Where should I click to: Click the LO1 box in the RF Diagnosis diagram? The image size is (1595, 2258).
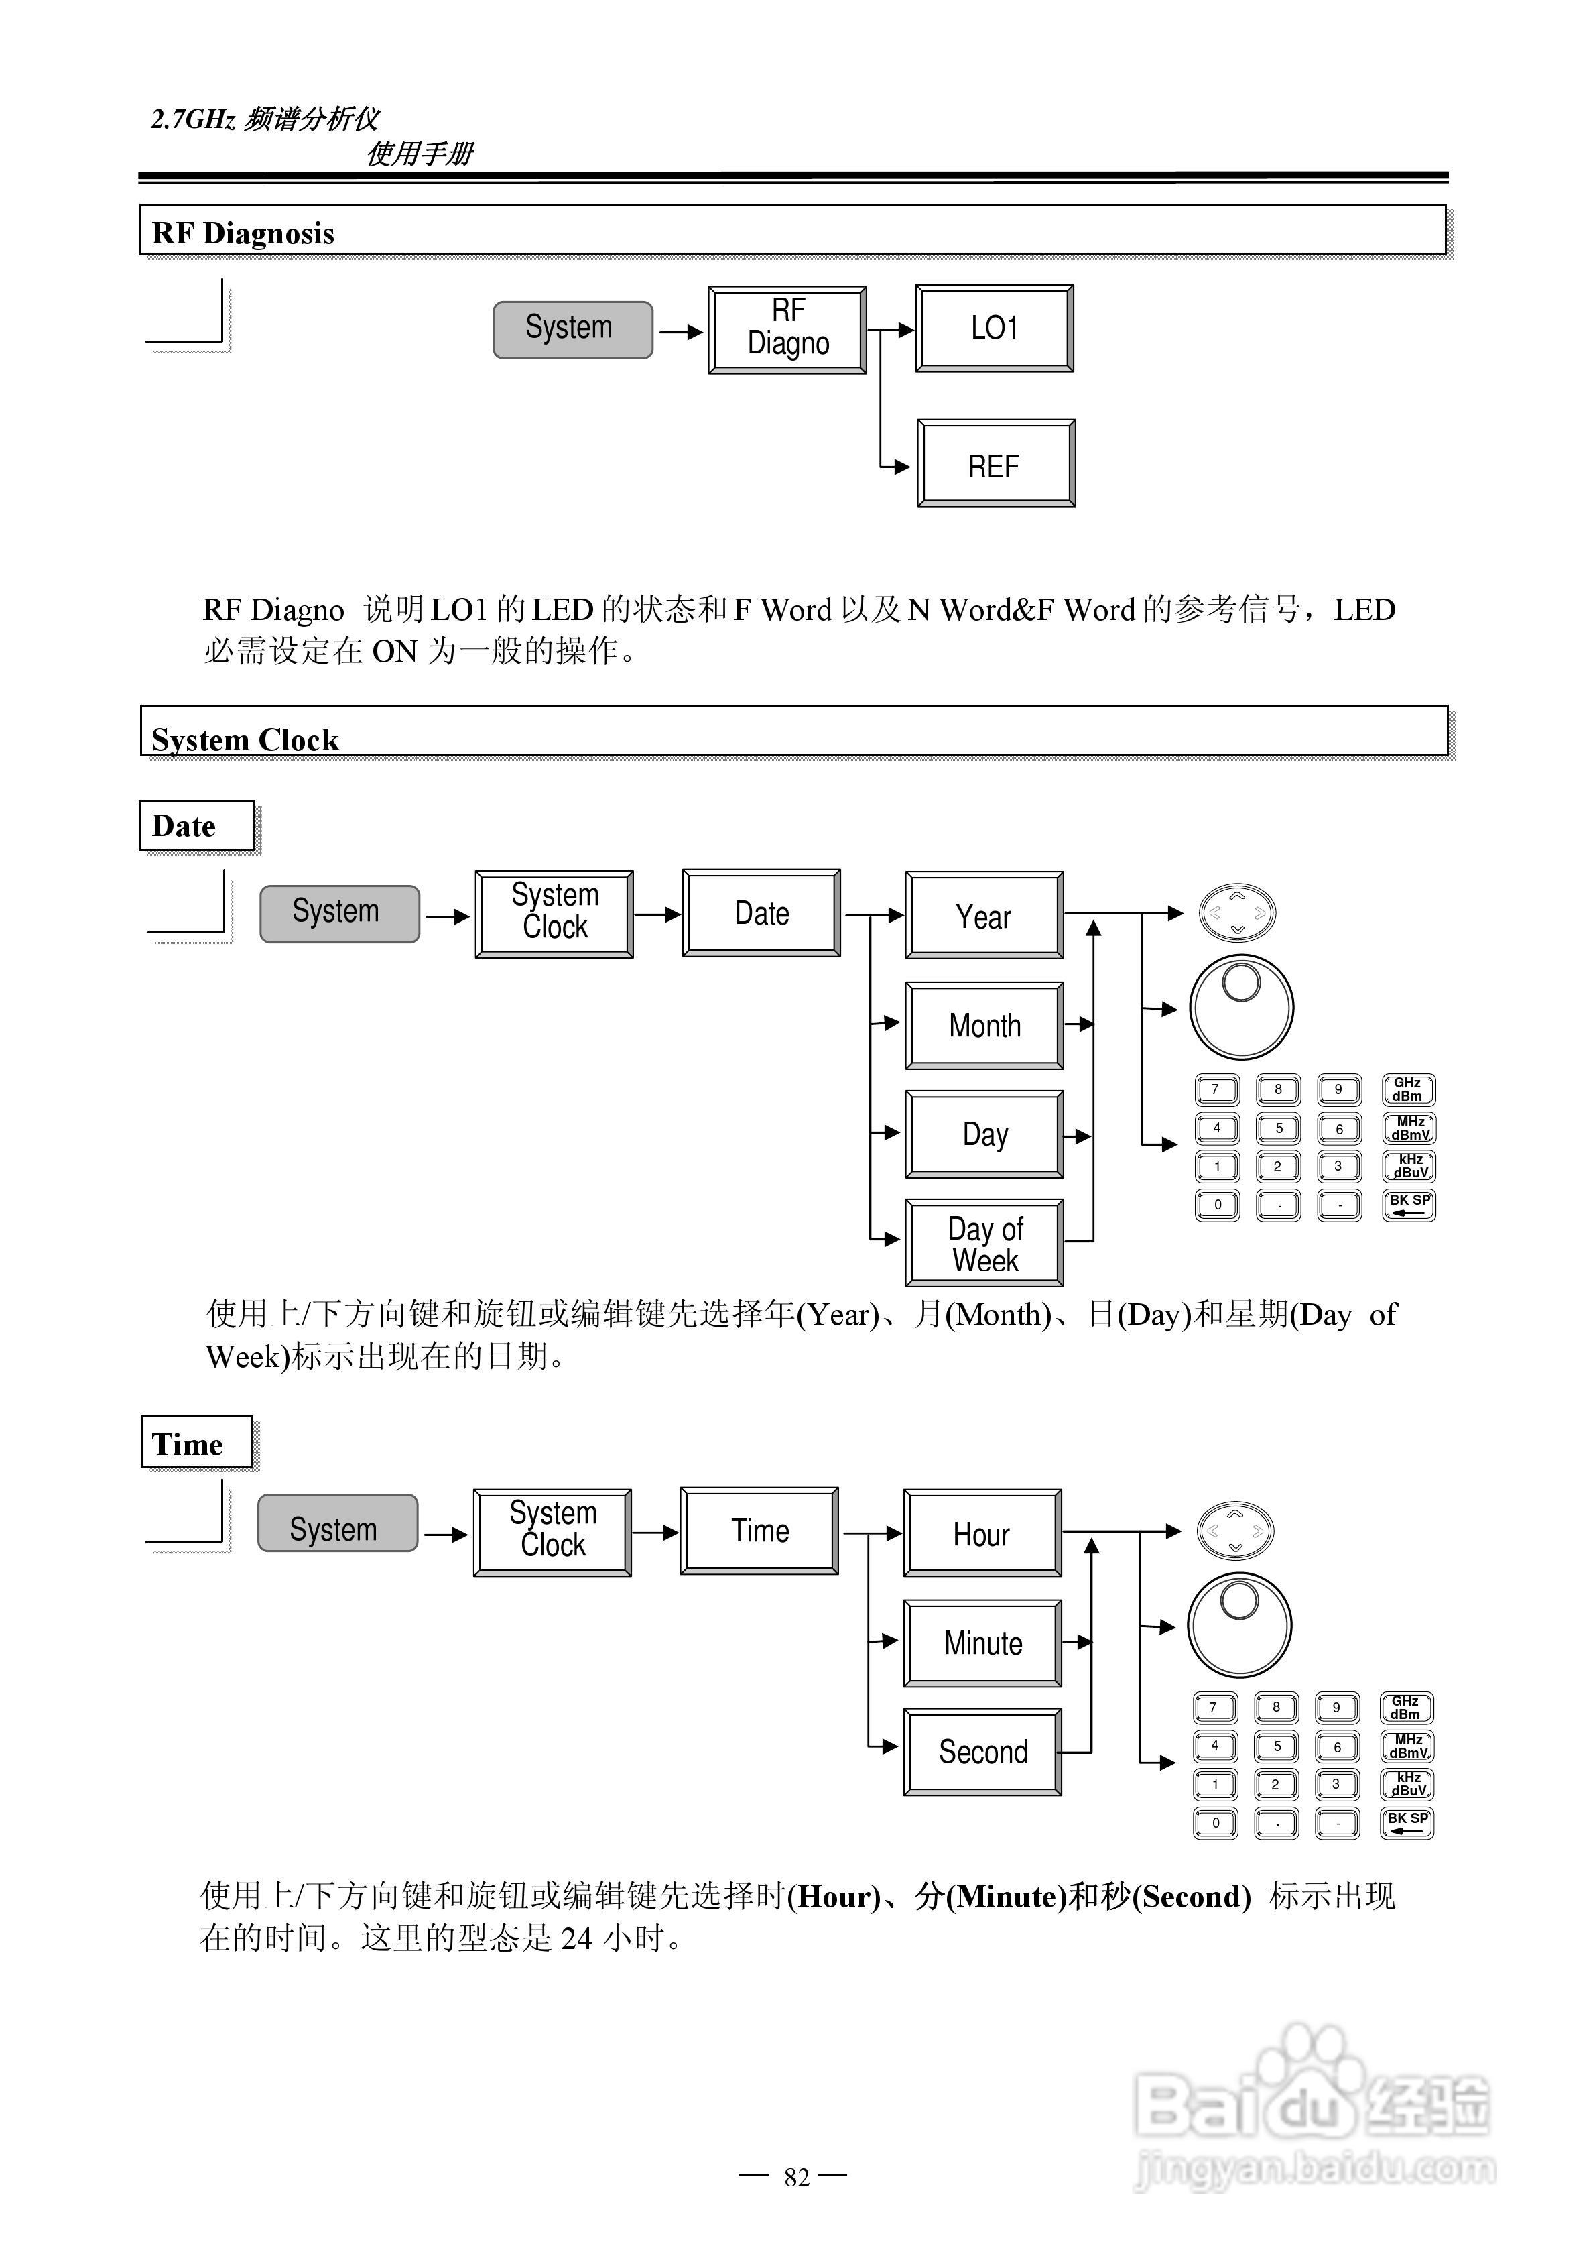994,329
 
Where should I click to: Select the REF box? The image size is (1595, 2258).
995,464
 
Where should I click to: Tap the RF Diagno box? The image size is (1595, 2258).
787,329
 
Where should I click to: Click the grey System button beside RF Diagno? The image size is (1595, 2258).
572,329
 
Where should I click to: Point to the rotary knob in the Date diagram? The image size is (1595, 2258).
1241,1006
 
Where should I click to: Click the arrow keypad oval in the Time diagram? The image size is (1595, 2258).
1235,1530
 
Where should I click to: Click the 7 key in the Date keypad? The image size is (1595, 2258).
1216,1089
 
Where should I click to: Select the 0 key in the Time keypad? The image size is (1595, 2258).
1216,1822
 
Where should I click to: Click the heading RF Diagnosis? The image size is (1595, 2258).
243,233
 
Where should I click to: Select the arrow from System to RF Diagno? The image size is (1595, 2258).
680,331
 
